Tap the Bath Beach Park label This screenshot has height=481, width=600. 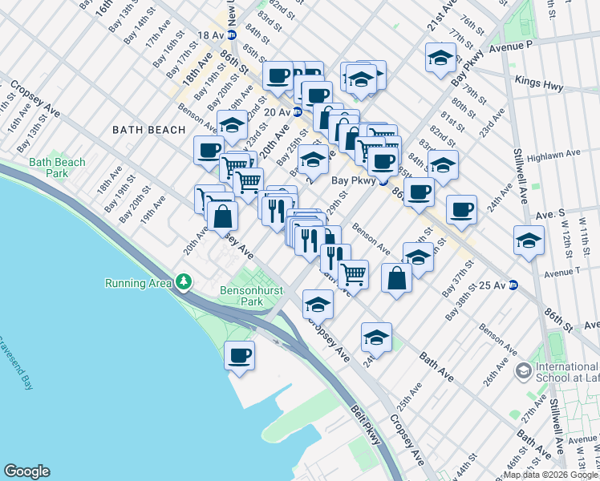tap(56, 168)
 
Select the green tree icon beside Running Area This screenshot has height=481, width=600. tap(184, 282)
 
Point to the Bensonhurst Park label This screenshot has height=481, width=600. tap(241, 296)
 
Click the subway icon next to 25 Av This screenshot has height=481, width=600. tap(513, 285)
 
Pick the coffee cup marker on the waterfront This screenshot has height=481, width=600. tap(239, 354)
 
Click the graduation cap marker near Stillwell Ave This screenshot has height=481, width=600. tap(529, 240)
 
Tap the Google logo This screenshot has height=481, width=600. tap(26, 471)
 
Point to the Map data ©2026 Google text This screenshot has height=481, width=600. tap(543, 475)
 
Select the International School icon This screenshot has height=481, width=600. tap(524, 370)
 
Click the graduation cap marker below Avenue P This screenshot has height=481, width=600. tap(440, 58)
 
